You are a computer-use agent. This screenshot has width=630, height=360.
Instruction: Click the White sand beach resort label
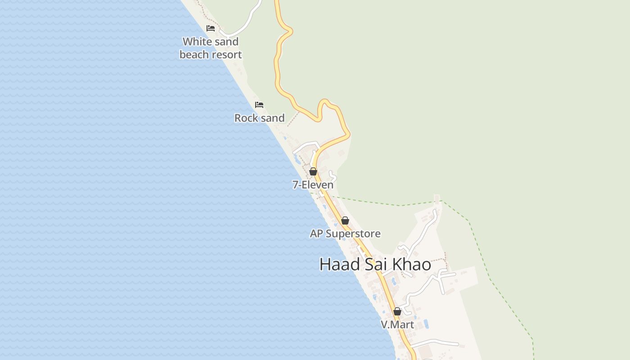(211, 48)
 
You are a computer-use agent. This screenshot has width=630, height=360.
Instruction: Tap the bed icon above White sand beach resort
(211, 28)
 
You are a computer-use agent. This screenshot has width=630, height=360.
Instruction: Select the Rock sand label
(260, 118)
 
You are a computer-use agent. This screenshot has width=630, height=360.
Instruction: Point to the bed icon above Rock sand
(259, 105)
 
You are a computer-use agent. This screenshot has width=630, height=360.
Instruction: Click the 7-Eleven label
(313, 185)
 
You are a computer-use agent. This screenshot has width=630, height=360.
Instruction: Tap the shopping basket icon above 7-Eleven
(313, 171)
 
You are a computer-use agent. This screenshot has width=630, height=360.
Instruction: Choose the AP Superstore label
(345, 234)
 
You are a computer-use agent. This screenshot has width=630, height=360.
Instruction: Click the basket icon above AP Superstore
(345, 220)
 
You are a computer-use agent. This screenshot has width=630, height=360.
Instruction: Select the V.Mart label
(397, 324)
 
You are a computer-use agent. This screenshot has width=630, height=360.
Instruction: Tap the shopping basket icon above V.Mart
(397, 311)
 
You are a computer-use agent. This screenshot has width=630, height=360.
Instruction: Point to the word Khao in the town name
(412, 265)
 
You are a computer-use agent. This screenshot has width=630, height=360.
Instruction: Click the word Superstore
(353, 234)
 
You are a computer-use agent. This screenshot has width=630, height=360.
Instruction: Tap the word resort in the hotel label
(227, 55)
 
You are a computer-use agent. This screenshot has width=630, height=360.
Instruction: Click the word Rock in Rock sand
(246, 118)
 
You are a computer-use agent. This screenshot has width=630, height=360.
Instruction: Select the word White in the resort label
(196, 42)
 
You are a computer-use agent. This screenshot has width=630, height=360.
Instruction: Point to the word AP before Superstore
(316, 234)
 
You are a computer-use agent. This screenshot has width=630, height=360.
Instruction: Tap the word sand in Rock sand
(272, 118)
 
